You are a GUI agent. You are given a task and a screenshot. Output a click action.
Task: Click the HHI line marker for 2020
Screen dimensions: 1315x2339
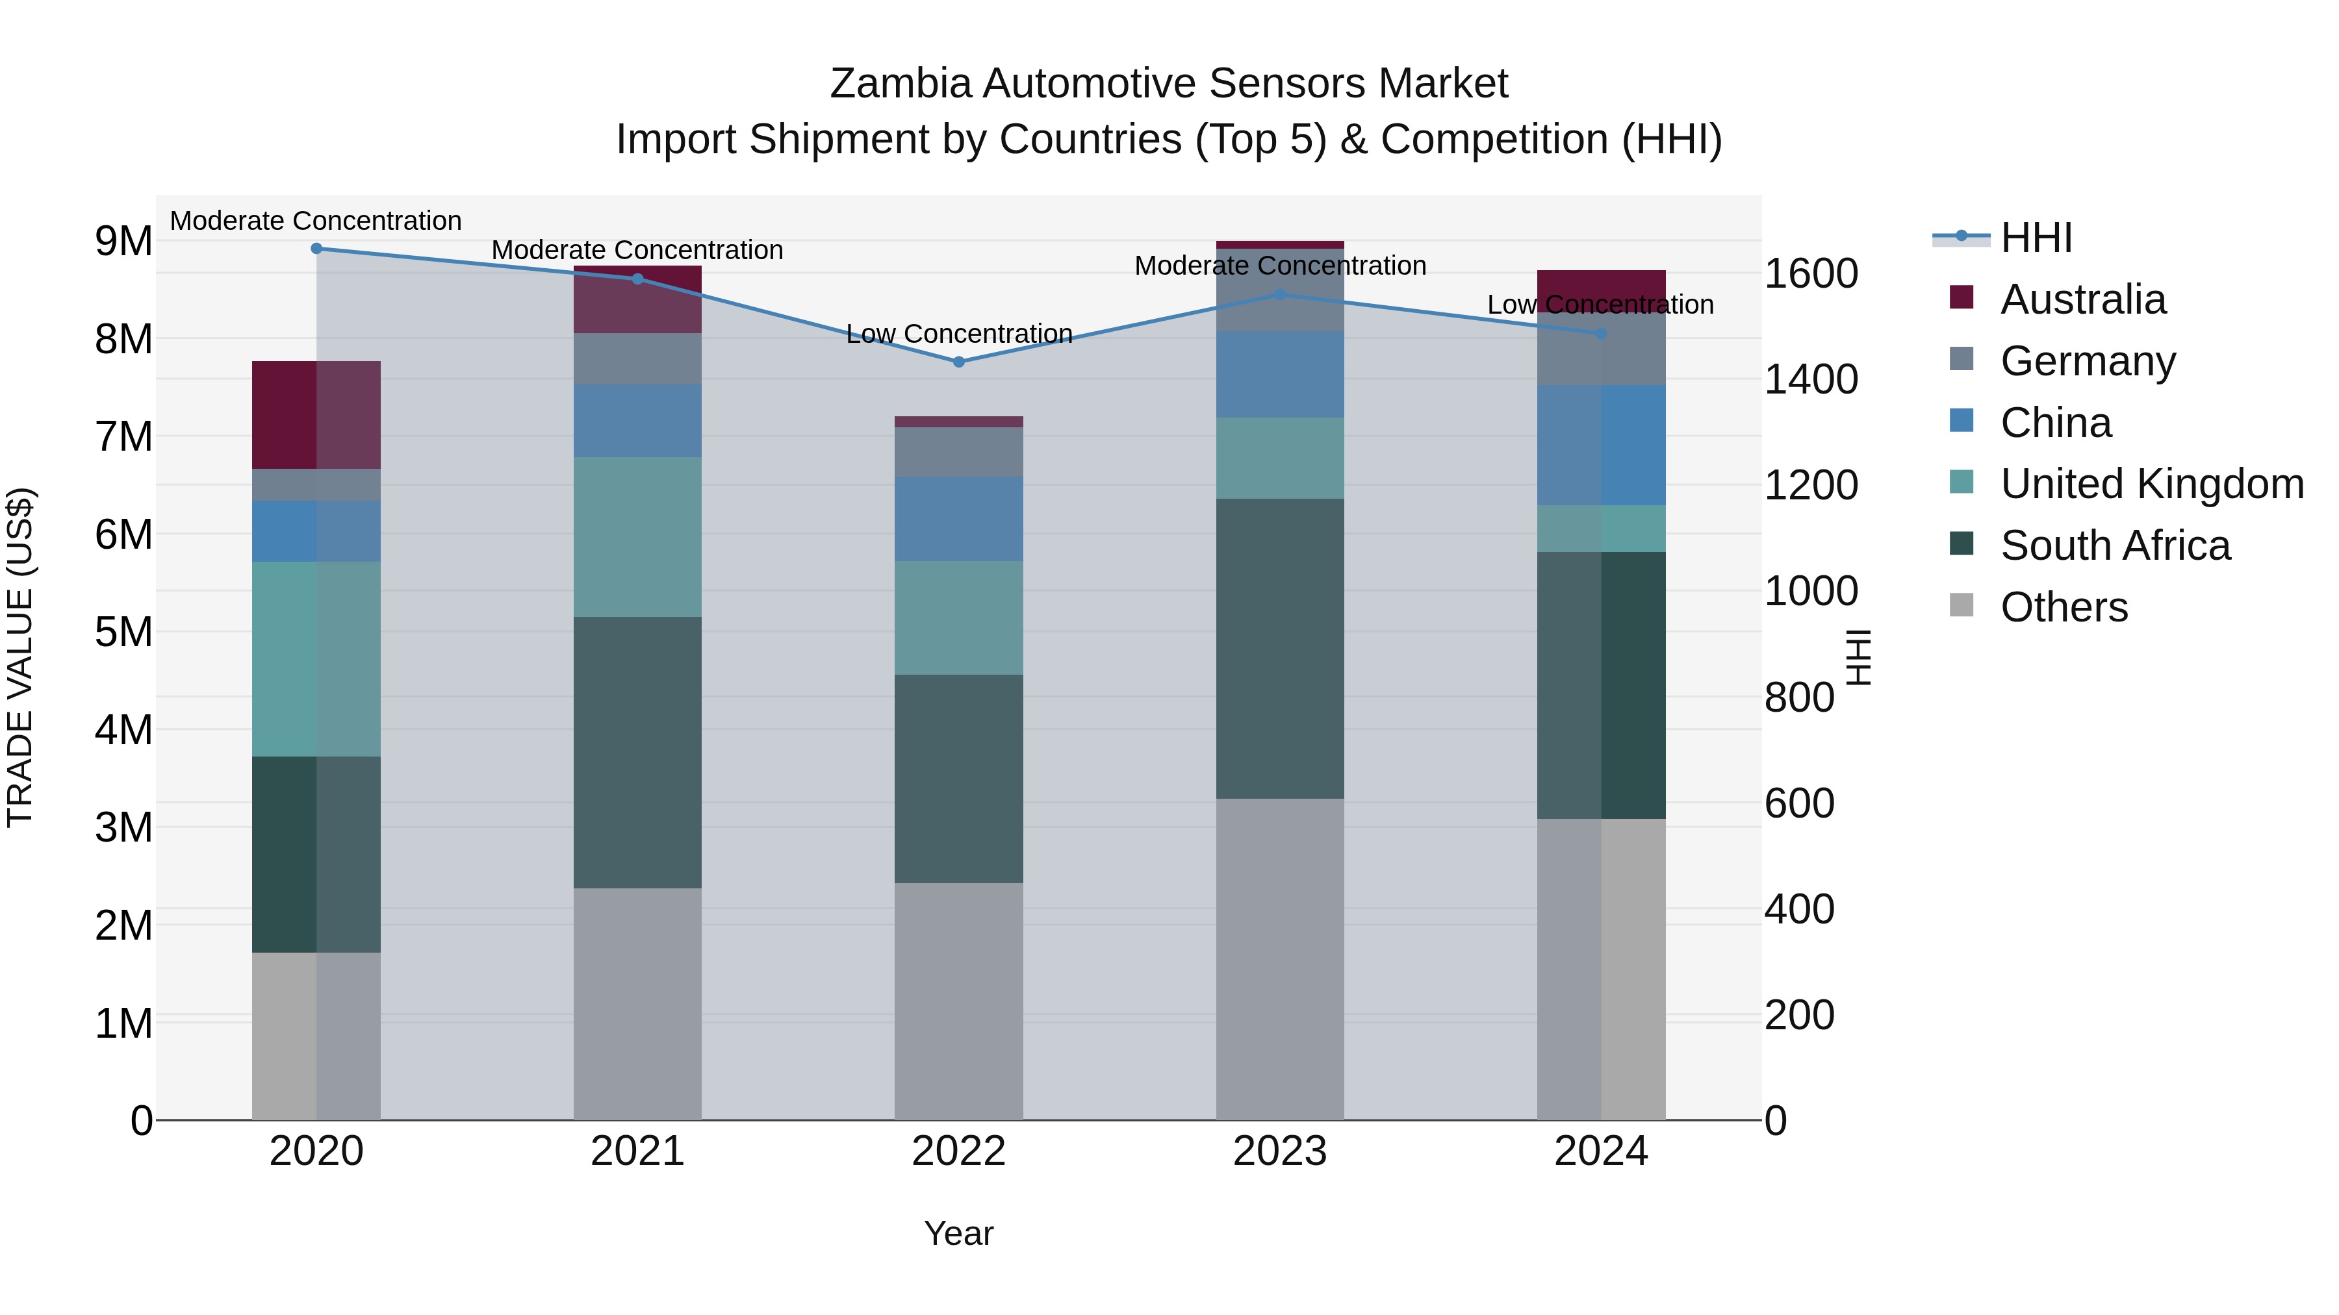pos(316,249)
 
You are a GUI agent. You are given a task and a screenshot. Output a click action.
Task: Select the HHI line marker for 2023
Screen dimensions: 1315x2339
pos(1280,295)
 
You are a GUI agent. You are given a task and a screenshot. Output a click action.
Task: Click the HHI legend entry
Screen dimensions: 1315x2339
pos(2036,238)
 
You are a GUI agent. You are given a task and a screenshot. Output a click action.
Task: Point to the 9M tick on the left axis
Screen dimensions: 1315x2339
pos(123,242)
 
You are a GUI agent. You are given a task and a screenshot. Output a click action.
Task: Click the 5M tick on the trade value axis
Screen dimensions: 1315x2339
pos(123,632)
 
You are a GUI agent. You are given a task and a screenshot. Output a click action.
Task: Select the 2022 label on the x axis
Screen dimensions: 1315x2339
pos(959,1151)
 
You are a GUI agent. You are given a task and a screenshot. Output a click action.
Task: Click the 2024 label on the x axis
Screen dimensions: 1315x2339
pos(1601,1151)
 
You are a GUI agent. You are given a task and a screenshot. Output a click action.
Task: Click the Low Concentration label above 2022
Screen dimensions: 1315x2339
pos(959,334)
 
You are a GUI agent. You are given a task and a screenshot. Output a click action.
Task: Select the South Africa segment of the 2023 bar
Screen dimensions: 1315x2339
pos(1280,648)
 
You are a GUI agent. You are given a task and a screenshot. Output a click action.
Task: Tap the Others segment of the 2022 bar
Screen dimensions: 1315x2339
pos(959,1001)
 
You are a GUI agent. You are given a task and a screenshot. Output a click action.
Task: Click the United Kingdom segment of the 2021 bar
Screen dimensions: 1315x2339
pos(637,537)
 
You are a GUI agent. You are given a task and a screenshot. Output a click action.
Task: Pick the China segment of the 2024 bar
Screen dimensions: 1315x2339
pos(1601,445)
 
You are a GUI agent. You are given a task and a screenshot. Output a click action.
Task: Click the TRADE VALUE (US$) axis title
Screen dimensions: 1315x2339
pos(20,657)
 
